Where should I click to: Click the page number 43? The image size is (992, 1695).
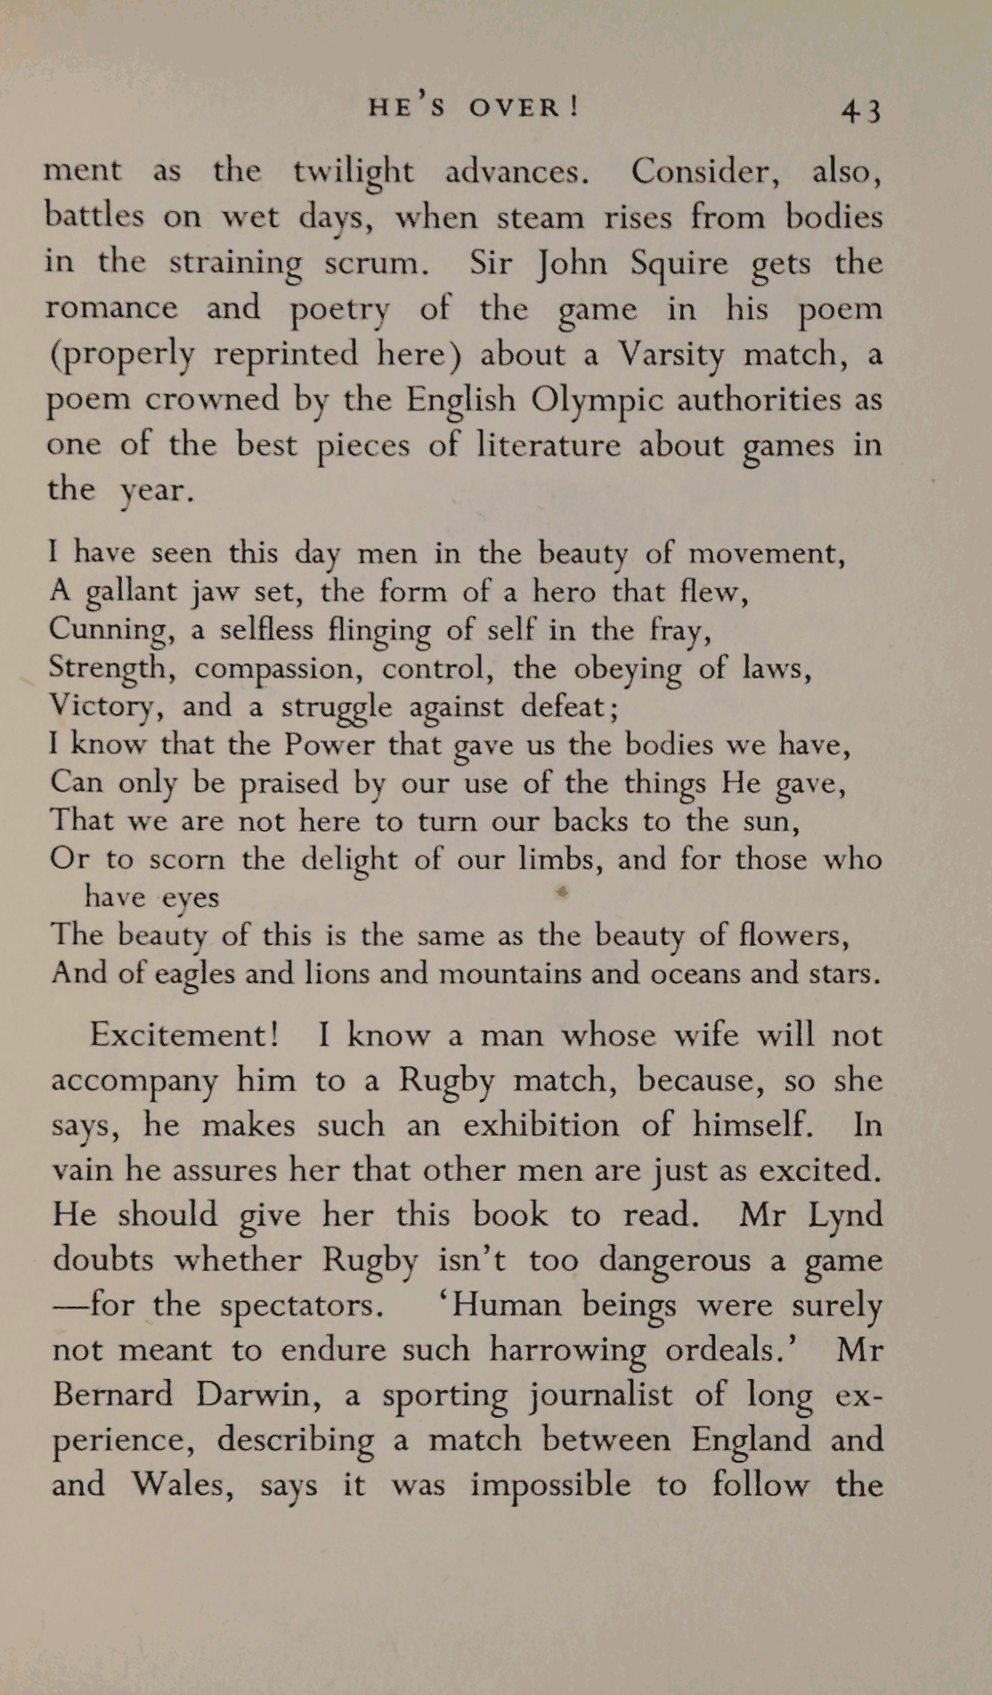point(861,110)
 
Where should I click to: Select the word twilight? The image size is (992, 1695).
point(354,172)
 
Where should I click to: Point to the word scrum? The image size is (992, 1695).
point(370,264)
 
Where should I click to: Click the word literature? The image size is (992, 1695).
point(549,444)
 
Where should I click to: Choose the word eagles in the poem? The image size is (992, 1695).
point(194,973)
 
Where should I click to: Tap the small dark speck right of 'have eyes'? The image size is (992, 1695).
point(562,891)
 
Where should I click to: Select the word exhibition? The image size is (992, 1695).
point(541,1125)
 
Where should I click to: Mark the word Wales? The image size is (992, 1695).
point(183,1485)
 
